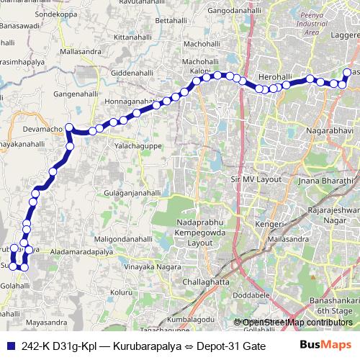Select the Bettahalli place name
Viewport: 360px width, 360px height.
171,21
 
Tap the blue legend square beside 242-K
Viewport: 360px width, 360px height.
11,346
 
